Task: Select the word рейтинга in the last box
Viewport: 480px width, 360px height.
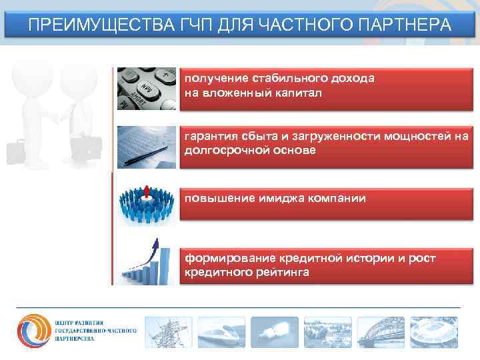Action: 280,272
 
